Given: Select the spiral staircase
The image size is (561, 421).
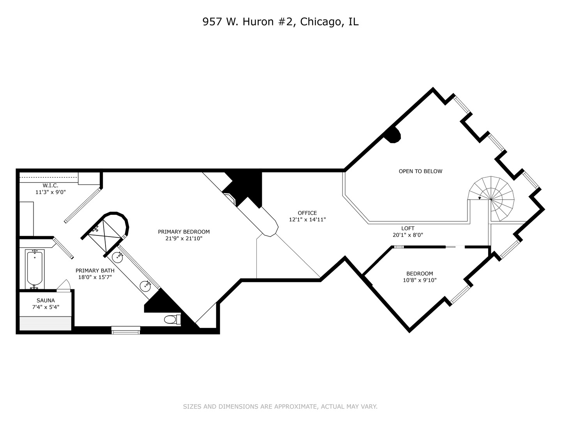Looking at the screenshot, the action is (x=491, y=199).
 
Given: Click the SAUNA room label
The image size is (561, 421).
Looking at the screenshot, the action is (x=46, y=300).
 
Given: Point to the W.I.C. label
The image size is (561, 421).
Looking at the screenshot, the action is (x=50, y=185).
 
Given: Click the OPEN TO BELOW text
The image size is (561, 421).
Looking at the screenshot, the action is (x=420, y=171).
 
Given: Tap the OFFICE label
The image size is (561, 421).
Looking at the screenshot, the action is (x=307, y=213).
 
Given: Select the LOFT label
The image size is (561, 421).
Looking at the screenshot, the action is (x=408, y=228).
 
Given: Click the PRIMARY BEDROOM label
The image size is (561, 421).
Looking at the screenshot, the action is (x=184, y=232).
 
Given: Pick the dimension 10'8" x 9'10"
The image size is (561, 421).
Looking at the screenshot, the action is (x=420, y=280).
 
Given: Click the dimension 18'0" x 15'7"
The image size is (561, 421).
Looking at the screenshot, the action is (x=95, y=277).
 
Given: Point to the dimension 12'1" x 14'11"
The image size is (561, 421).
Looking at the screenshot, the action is (x=307, y=219).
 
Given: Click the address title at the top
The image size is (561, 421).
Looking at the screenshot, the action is (x=280, y=22).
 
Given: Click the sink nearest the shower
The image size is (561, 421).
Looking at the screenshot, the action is (x=118, y=257).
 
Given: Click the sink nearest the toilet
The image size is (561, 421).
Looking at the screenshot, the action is (x=145, y=286).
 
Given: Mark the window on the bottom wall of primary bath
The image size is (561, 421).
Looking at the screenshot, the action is (x=126, y=330).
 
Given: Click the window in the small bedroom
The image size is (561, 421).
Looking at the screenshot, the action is (x=460, y=295).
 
